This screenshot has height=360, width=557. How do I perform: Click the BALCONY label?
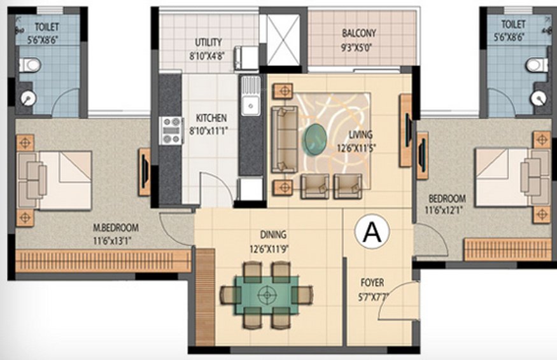tap(358, 33)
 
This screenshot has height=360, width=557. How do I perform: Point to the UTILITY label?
tap(208, 43)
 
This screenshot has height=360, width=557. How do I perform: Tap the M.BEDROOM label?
tap(115, 228)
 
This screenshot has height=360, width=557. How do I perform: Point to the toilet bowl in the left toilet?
tap(29, 65)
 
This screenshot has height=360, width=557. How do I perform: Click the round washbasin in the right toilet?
tap(538, 97)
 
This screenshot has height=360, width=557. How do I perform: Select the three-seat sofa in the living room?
tap(284, 139)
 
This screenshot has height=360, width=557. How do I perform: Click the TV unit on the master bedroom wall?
tap(145, 172)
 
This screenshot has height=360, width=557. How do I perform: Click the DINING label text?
tap(273, 234)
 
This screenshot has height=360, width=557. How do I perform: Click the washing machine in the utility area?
tap(246, 58)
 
